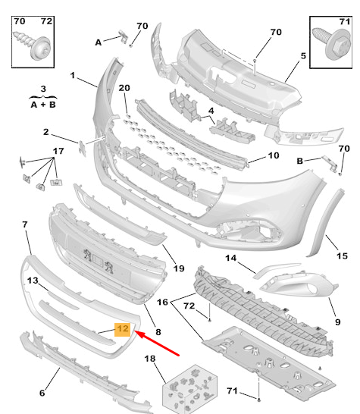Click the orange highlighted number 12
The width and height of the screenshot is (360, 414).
[121, 329]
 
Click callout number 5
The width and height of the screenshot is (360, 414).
[302, 56]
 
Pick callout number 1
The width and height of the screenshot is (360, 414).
[74, 76]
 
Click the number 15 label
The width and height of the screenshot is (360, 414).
[342, 256]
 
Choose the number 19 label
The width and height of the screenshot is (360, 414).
[179, 269]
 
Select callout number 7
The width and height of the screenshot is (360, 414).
[25, 225]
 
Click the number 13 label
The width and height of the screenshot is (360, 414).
[33, 281]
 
